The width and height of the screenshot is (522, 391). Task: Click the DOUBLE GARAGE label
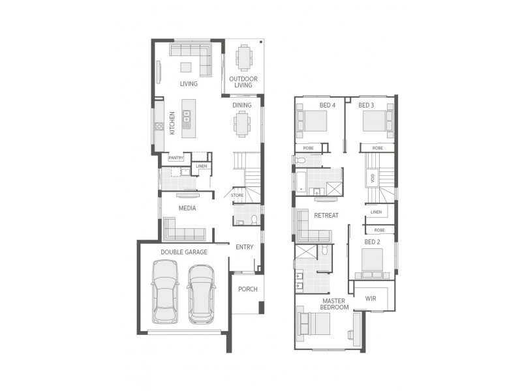click(x=183, y=252)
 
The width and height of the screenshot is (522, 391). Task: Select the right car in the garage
click(x=202, y=294)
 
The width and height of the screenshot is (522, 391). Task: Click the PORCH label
click(x=247, y=289)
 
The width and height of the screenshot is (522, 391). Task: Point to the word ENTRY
click(x=245, y=247)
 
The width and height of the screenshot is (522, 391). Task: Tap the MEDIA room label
click(x=188, y=209)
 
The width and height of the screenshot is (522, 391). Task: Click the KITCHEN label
click(x=172, y=123)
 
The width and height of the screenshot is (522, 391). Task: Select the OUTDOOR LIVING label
click(x=243, y=82)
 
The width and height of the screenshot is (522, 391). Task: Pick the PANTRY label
click(x=176, y=158)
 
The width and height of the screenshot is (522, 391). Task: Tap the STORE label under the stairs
click(x=237, y=194)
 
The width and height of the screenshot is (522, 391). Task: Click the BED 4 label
click(x=327, y=106)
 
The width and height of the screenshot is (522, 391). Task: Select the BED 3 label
click(x=366, y=106)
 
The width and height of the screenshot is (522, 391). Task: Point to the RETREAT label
click(x=326, y=216)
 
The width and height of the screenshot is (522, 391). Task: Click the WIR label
click(x=371, y=298)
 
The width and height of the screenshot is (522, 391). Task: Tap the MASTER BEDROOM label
click(x=335, y=303)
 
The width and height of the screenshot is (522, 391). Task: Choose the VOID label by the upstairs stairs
click(x=373, y=177)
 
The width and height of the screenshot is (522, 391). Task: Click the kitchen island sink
click(x=187, y=117)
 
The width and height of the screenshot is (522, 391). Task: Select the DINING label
click(x=242, y=105)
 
